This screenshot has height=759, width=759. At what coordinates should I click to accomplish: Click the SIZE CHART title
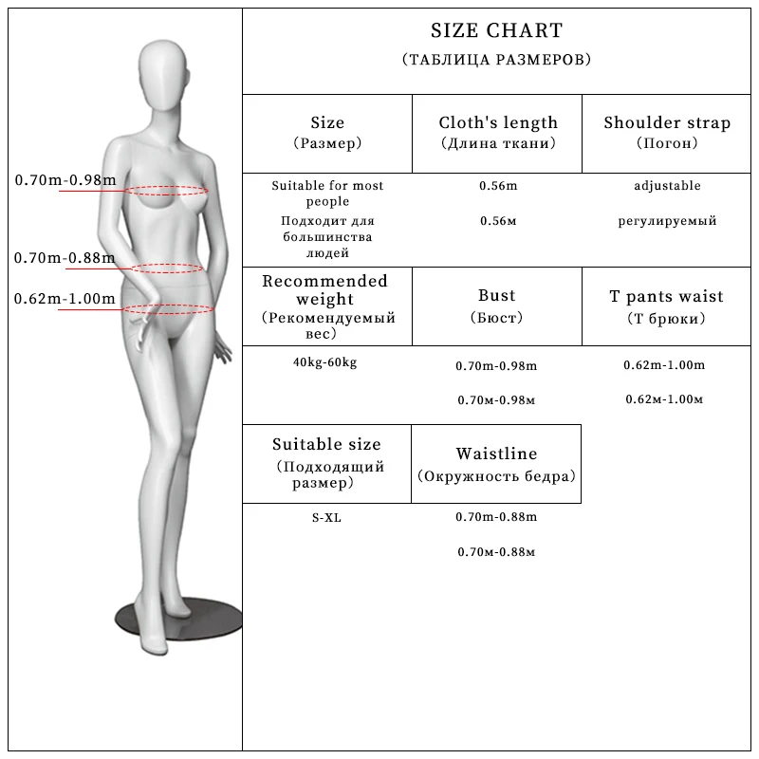coord(496,32)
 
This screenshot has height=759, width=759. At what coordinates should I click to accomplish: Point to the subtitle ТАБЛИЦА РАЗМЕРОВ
coord(496,60)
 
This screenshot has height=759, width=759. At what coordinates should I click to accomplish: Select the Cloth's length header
coord(498,122)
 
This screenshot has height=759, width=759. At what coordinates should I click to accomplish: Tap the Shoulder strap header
coord(667,122)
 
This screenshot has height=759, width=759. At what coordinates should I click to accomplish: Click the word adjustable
coord(667,186)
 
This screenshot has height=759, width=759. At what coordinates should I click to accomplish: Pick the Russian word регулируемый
coord(667,221)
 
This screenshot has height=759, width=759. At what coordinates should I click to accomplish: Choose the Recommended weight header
coord(325,289)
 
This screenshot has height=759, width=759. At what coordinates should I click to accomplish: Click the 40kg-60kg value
coord(325,362)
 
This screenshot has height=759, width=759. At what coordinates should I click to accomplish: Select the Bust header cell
coord(497,296)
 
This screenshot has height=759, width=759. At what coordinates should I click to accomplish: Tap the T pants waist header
coord(667,296)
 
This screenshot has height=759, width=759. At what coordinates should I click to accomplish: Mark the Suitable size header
coord(326,444)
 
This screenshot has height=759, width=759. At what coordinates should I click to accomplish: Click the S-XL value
coord(325,517)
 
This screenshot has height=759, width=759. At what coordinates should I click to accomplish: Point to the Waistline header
coord(496,454)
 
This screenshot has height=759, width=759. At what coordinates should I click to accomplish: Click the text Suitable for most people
coord(327,194)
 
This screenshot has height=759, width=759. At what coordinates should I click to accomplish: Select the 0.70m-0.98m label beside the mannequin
coord(65,180)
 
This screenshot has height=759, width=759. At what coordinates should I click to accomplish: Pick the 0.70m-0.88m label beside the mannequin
coord(65,257)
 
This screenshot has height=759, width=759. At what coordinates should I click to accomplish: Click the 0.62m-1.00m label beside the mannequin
coord(65,299)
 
